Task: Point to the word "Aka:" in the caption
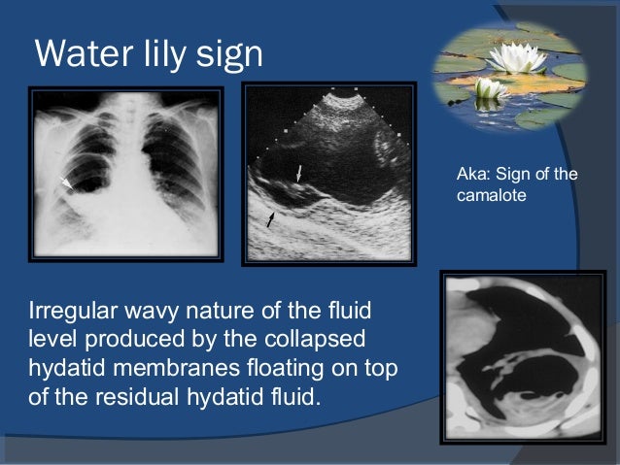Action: (471, 175)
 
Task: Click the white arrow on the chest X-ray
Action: (67, 182)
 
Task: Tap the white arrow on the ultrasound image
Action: (299, 172)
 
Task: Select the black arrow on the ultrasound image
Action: (271, 220)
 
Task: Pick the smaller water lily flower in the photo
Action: (492, 88)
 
